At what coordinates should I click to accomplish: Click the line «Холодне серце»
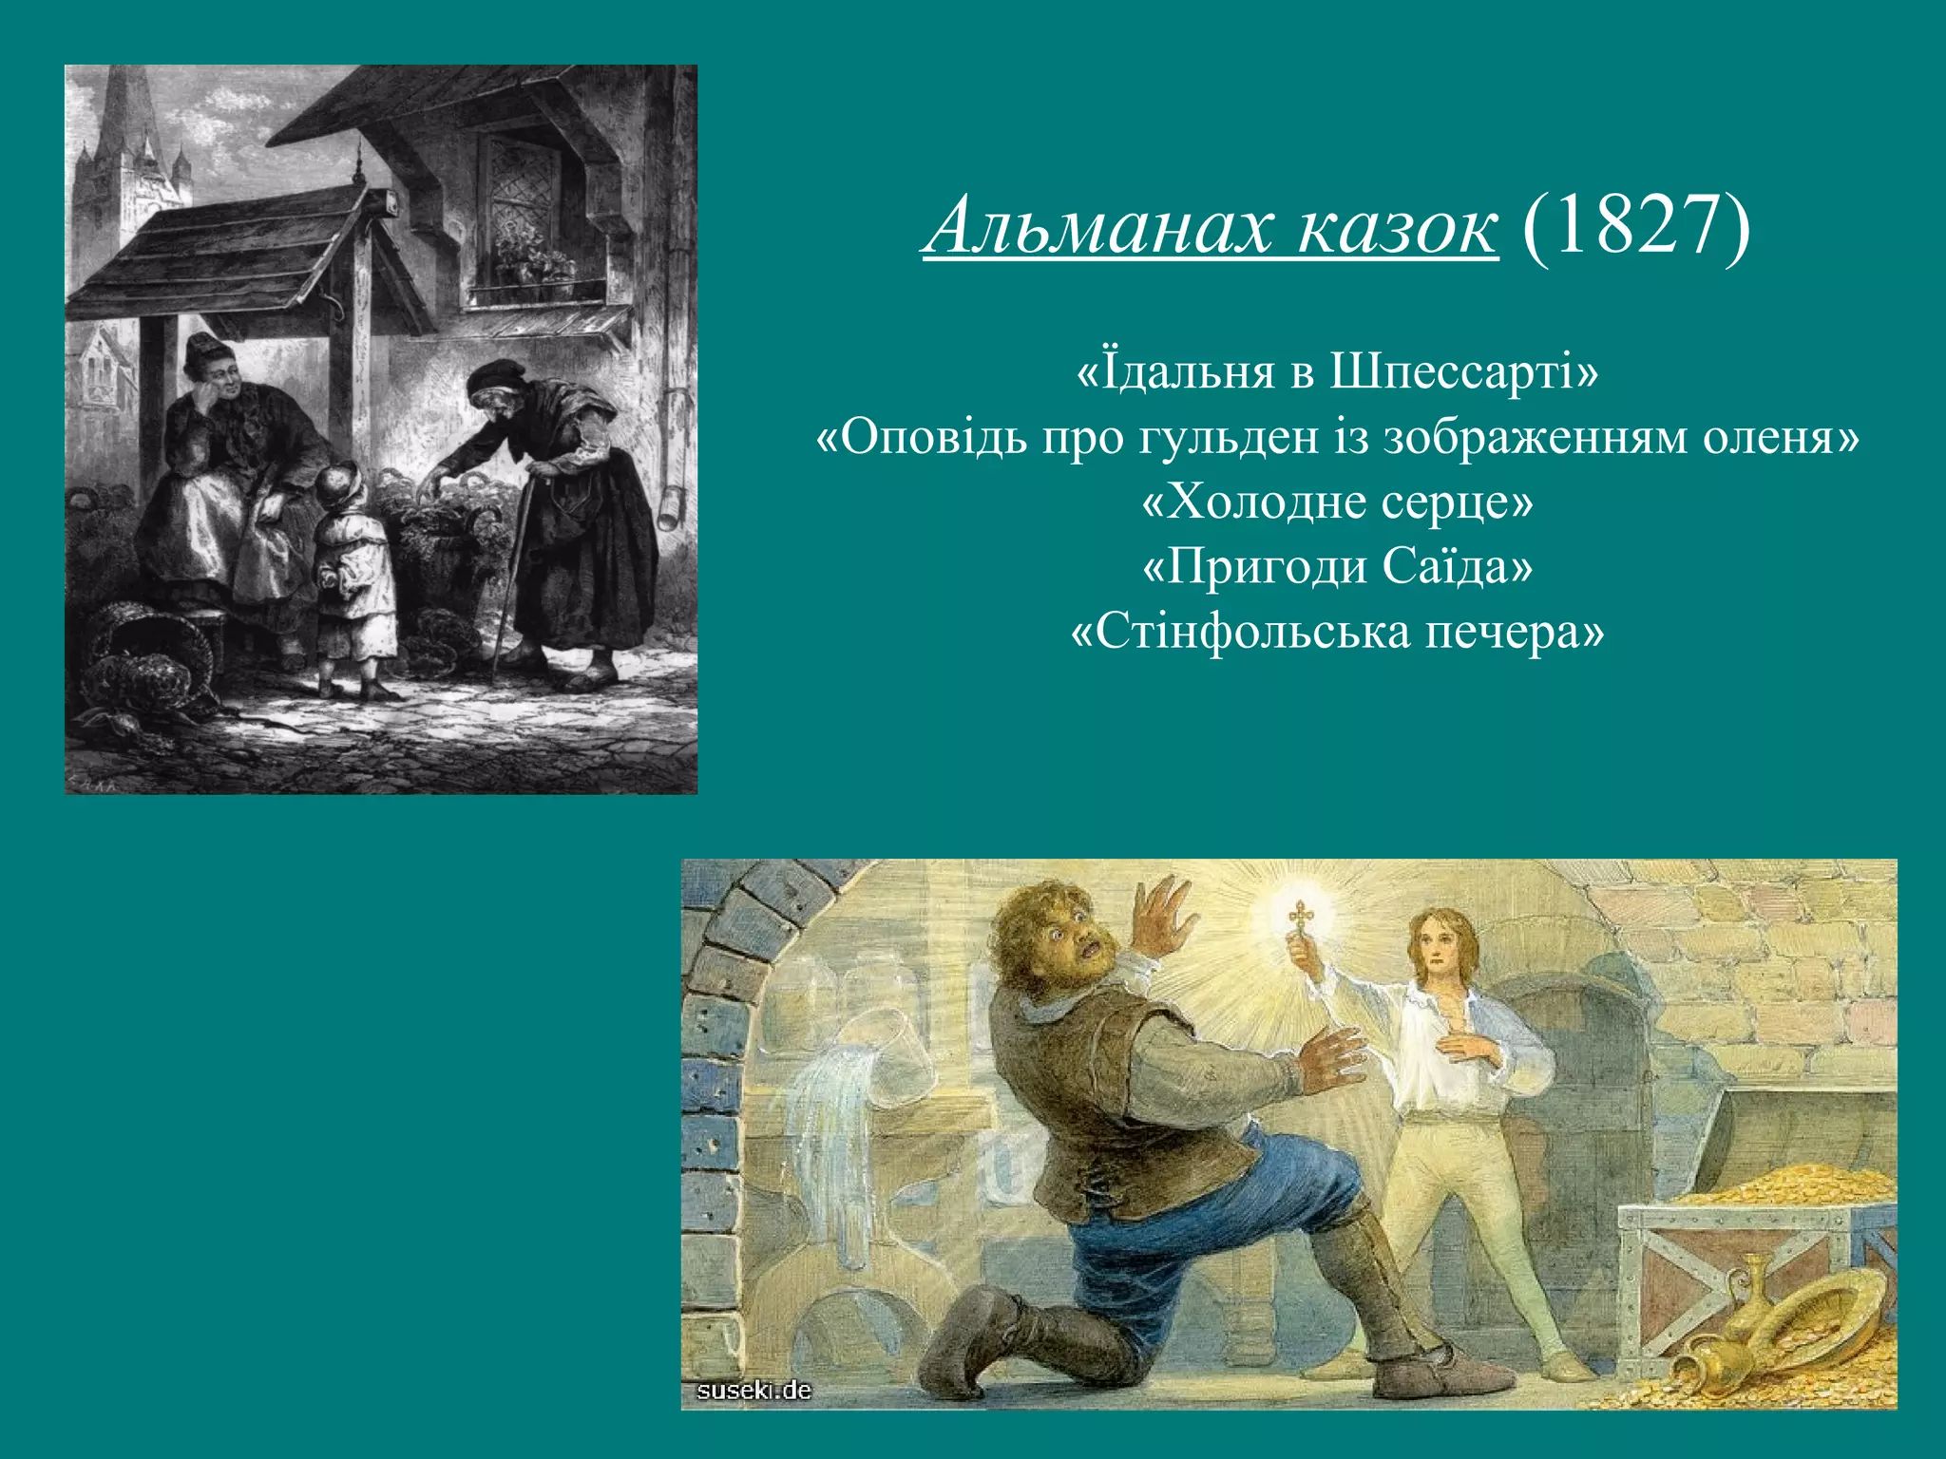pos(1337,502)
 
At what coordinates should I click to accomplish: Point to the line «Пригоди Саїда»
pos(1337,566)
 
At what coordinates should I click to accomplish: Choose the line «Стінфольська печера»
pos(1337,631)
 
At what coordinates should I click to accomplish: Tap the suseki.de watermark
pos(754,1391)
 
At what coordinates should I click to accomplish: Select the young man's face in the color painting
pos(1440,945)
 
